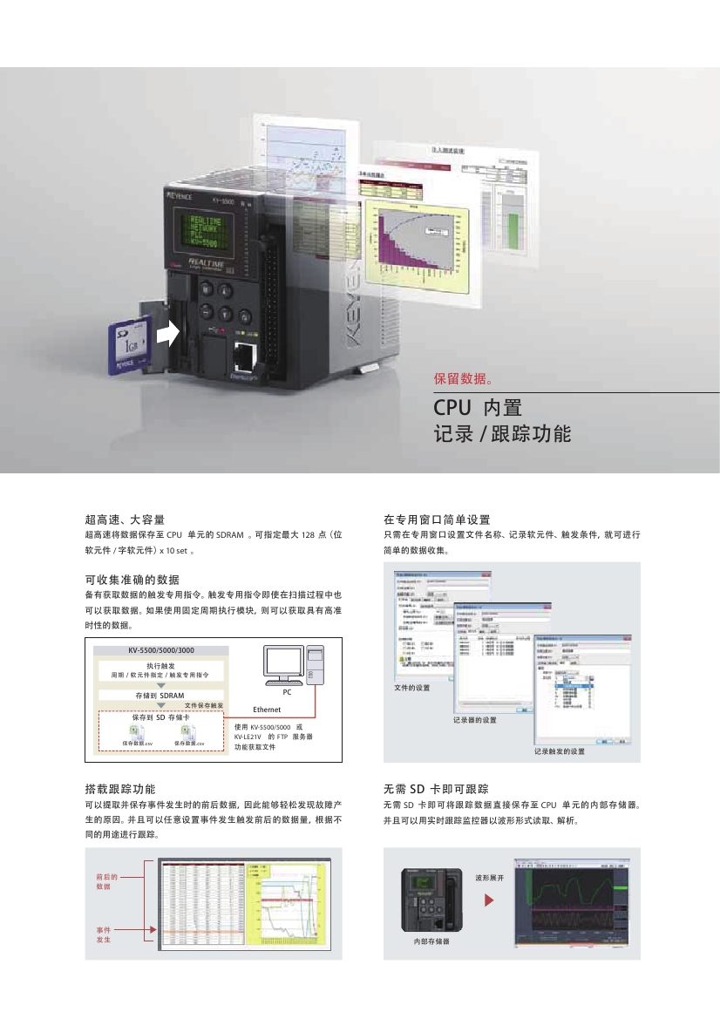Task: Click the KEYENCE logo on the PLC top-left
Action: click(181, 200)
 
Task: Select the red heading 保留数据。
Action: click(465, 379)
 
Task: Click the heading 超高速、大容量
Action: click(125, 520)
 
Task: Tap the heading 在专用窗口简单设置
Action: click(437, 520)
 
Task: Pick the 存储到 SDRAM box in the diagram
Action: click(160, 696)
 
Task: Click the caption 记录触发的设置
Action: click(560, 751)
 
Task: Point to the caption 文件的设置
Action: click(412, 688)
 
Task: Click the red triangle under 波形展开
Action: click(489, 898)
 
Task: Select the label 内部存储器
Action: click(431, 942)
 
